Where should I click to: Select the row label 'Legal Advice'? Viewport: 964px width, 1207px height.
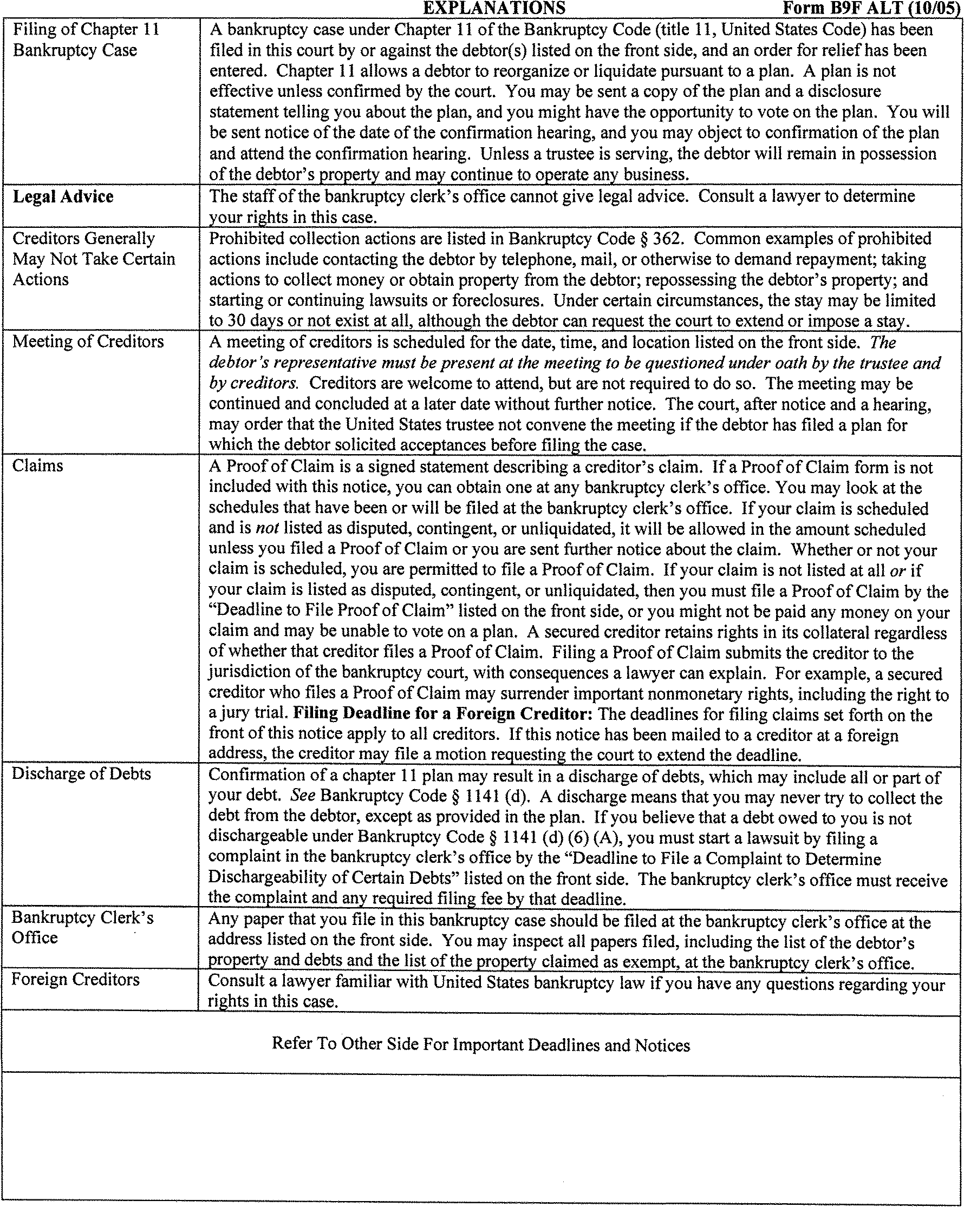tap(63, 196)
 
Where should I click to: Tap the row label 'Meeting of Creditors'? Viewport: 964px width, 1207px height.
tap(88, 342)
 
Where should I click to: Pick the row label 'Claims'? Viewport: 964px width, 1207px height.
tap(37, 466)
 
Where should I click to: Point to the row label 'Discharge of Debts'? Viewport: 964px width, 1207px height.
tap(81, 774)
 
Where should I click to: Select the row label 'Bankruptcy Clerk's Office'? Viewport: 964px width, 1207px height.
tap(82, 928)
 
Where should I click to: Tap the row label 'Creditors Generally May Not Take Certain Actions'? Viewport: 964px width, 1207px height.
tap(94, 259)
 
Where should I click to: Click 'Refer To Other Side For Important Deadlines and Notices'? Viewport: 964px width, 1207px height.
tap(480, 1045)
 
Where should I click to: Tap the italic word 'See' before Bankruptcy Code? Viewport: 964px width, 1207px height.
tap(304, 796)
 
